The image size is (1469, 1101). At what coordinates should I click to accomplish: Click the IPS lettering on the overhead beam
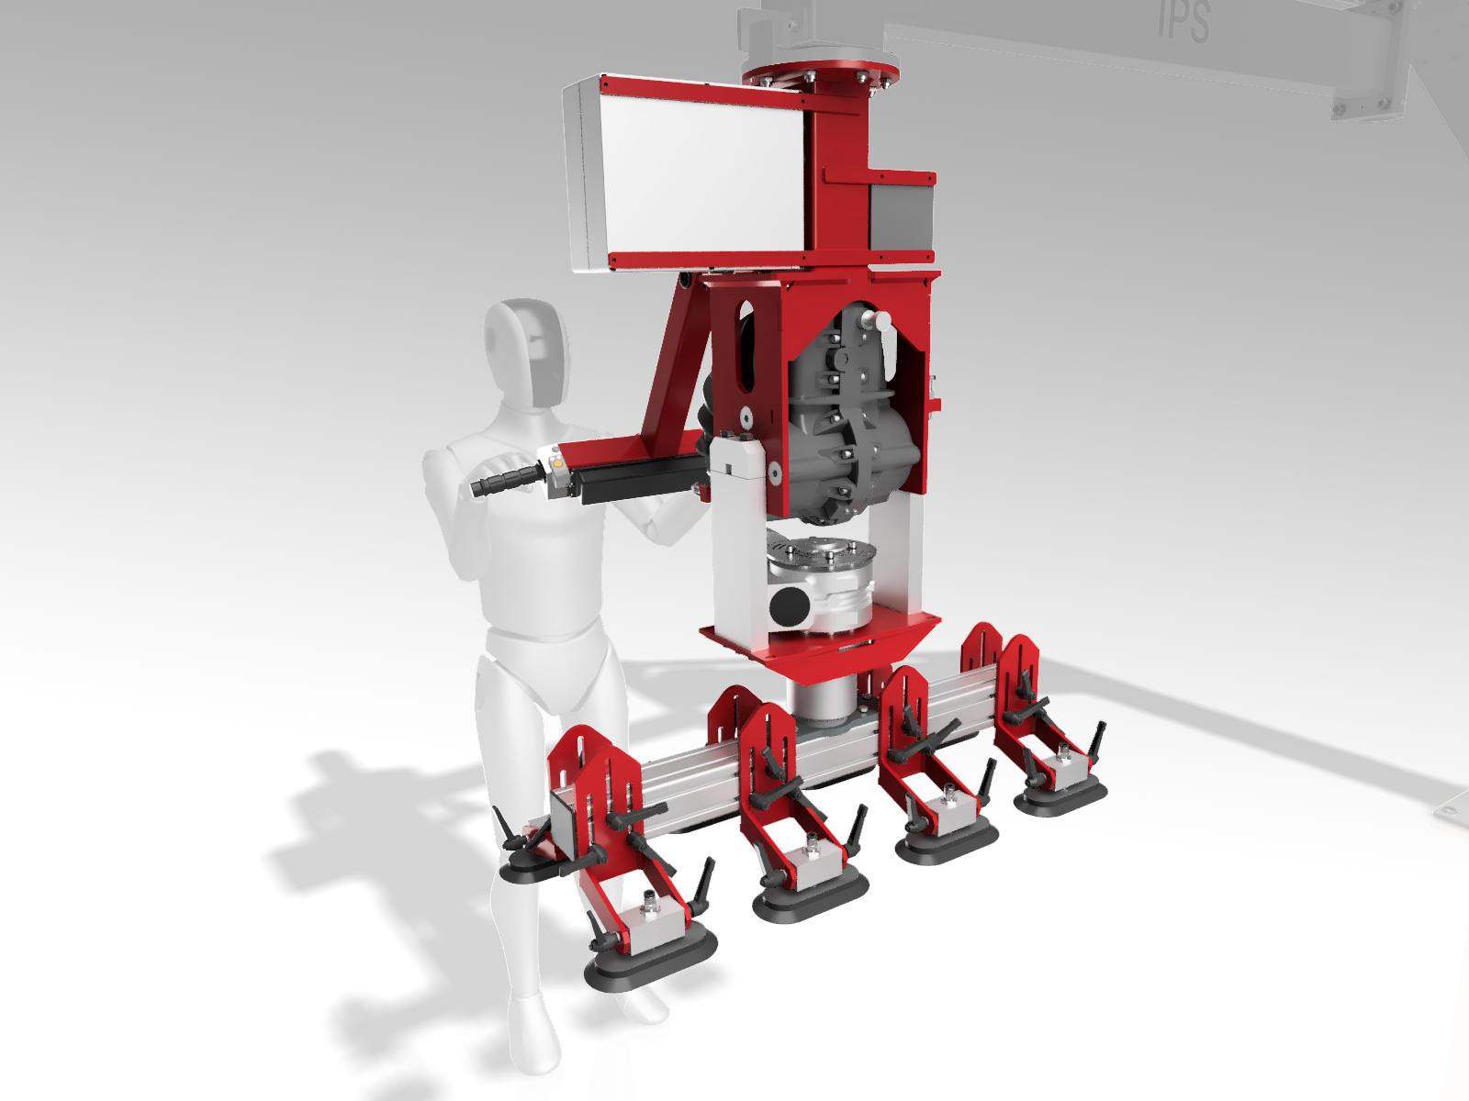click(x=1183, y=21)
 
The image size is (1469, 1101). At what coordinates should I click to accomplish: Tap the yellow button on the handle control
click(x=556, y=461)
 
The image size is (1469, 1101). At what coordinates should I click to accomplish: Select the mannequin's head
click(x=527, y=353)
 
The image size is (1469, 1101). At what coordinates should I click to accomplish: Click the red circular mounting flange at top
click(x=821, y=72)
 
